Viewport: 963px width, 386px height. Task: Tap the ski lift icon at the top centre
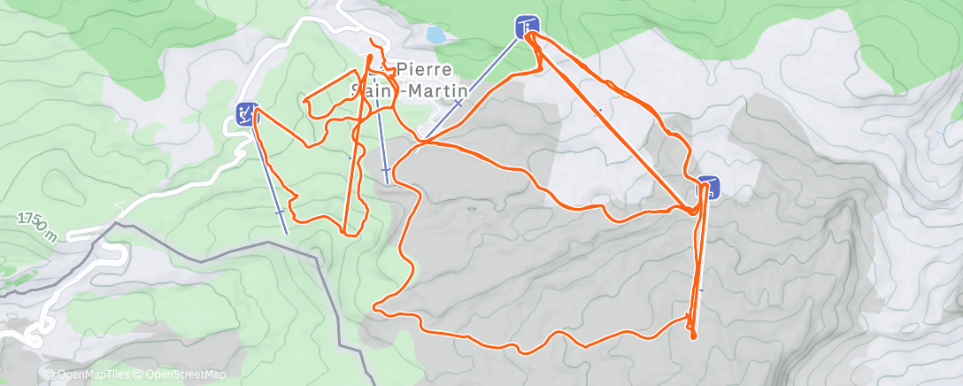pyautogui.click(x=526, y=27)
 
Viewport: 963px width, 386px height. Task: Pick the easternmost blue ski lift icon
pyautogui.click(x=709, y=187)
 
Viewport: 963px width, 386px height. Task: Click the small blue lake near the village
pyautogui.click(x=435, y=35)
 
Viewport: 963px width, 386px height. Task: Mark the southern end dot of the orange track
pyautogui.click(x=693, y=336)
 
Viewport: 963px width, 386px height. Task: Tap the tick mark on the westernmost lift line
pyautogui.click(x=280, y=212)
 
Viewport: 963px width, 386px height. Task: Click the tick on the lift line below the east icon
pyautogui.click(x=701, y=289)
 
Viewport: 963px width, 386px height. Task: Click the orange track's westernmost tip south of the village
pyautogui.click(x=376, y=307)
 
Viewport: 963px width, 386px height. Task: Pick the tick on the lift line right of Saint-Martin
pyautogui.click(x=458, y=103)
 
